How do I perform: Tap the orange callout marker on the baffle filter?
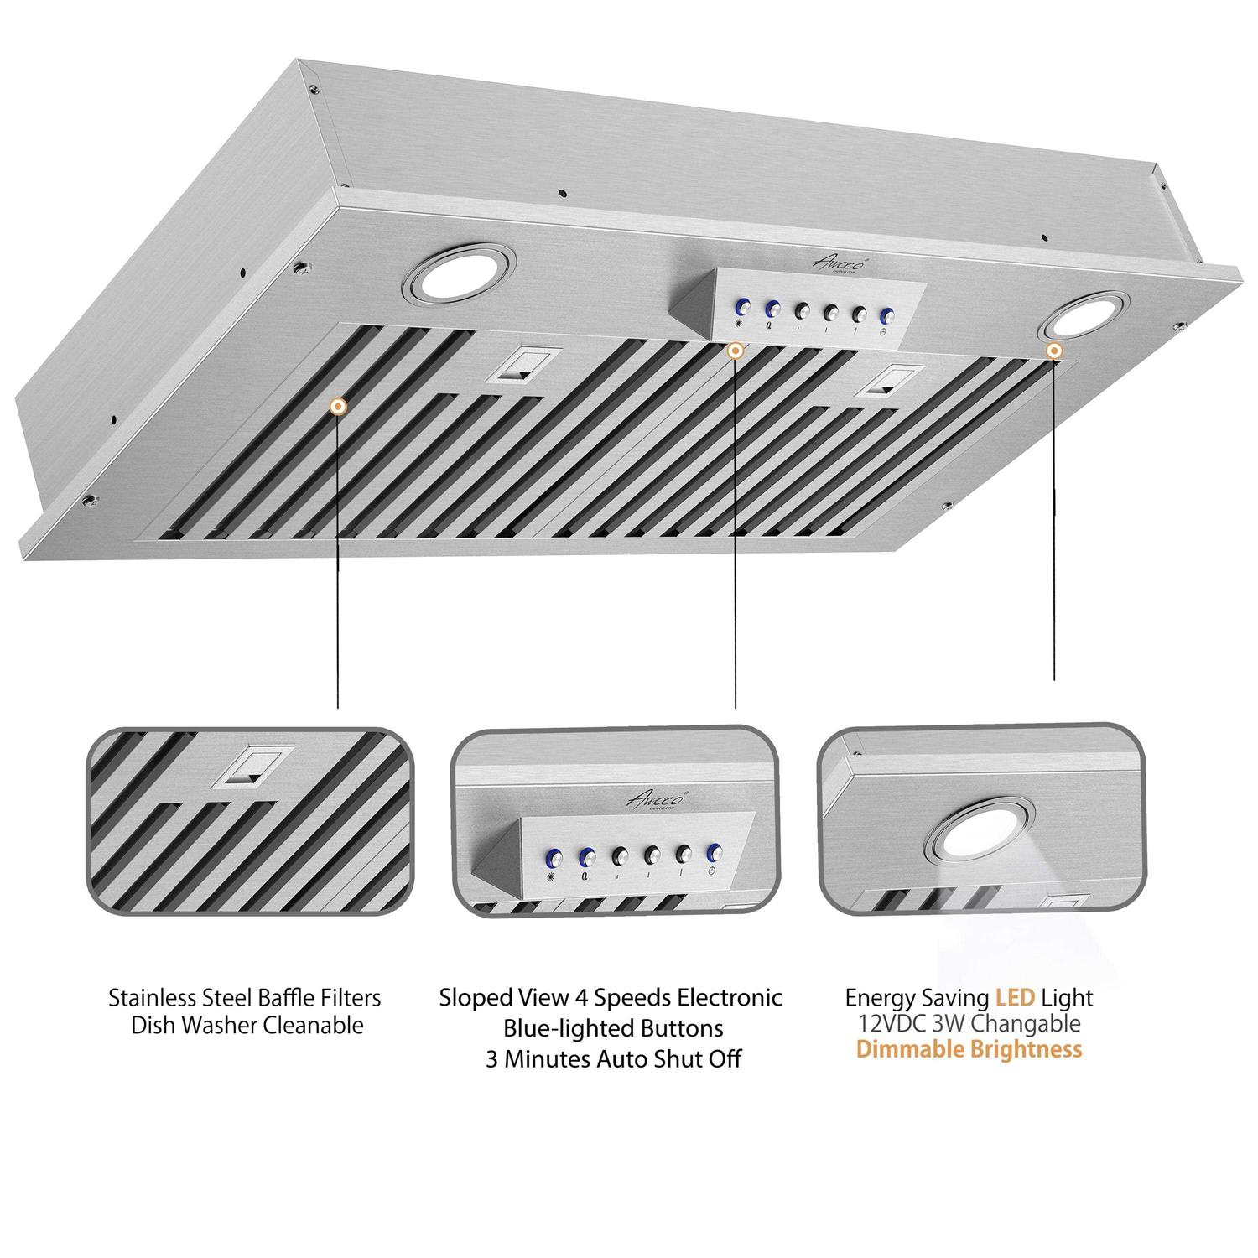pyautogui.click(x=337, y=407)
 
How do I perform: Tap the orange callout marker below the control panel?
pyautogui.click(x=735, y=351)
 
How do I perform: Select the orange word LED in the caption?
pyautogui.click(x=1016, y=998)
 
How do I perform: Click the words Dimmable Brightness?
pyautogui.click(x=969, y=1049)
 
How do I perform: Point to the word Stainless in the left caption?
pyautogui.click(x=153, y=998)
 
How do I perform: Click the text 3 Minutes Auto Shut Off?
pyautogui.click(x=613, y=1059)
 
